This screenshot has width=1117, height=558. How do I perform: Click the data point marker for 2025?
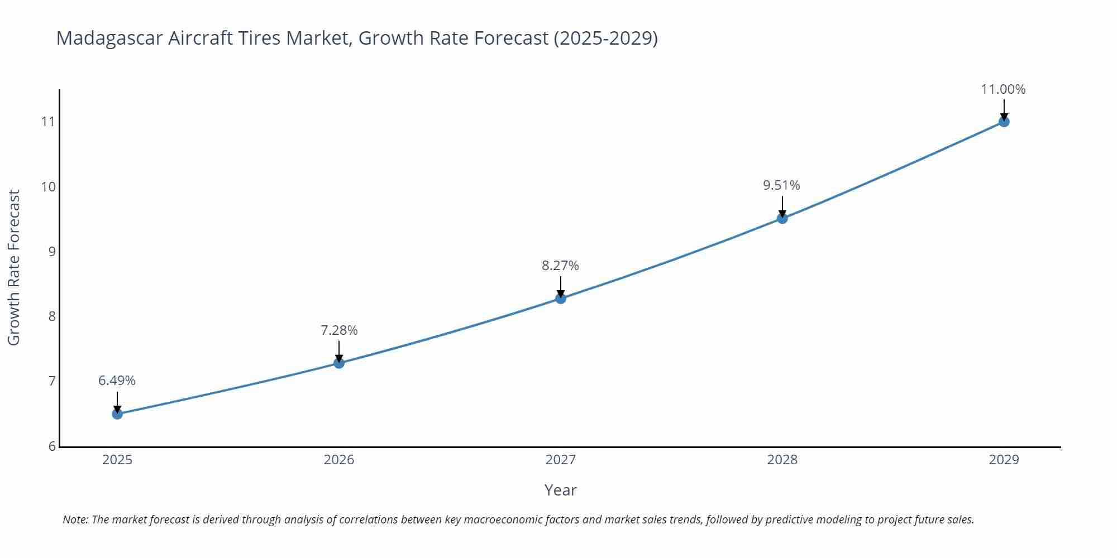click(117, 414)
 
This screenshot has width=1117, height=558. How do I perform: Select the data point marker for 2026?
click(339, 363)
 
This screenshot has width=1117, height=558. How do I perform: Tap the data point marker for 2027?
click(561, 299)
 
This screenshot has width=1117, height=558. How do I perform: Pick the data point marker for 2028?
click(782, 218)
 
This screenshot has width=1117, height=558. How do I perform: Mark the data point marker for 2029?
click(1004, 122)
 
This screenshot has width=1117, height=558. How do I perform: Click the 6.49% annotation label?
click(117, 381)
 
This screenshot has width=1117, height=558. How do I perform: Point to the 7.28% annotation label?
click(339, 330)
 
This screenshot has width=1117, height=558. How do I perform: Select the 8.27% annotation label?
click(560, 266)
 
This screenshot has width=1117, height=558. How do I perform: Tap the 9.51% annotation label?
click(781, 185)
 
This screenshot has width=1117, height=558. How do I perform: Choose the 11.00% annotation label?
click(1003, 89)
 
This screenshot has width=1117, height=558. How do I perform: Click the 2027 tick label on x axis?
click(560, 460)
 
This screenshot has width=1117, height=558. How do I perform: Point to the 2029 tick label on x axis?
click(1004, 460)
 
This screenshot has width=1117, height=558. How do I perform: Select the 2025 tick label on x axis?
click(117, 460)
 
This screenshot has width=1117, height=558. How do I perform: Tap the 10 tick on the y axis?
click(49, 186)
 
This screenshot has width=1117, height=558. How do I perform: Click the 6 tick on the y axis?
click(52, 446)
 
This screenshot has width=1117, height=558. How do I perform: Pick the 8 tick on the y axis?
click(52, 316)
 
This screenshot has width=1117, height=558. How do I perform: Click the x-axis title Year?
click(560, 490)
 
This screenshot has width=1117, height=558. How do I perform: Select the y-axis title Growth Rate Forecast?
click(14, 267)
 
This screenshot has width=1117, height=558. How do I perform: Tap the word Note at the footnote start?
click(75, 519)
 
